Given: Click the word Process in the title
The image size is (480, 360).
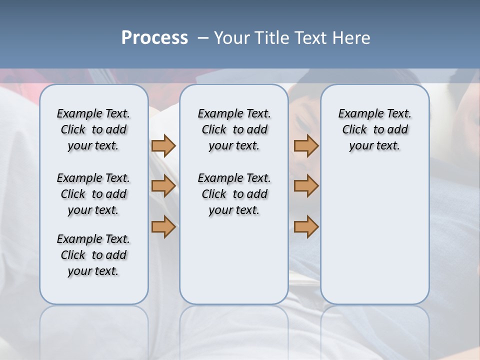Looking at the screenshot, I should pyautogui.click(x=154, y=37).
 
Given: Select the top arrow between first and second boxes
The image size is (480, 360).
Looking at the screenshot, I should pyautogui.click(x=163, y=145).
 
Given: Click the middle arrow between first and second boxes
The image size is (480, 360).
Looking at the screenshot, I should pyautogui.click(x=163, y=186).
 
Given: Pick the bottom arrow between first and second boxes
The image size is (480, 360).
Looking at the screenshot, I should pyautogui.click(x=163, y=226).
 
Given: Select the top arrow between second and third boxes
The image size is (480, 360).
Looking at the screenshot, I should pyautogui.click(x=306, y=145).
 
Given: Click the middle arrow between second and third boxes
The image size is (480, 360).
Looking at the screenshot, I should pyautogui.click(x=306, y=186).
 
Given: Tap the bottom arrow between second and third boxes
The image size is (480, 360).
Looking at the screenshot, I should pyautogui.click(x=306, y=226).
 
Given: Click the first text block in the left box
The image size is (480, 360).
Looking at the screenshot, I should pyautogui.click(x=93, y=129).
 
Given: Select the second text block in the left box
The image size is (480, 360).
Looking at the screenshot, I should pyautogui.click(x=93, y=194).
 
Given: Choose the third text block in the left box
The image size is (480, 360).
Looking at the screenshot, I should pyautogui.click(x=93, y=255).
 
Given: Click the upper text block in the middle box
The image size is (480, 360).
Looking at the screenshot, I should pyautogui.click(x=234, y=129).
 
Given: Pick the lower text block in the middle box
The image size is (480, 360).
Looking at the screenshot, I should pyautogui.click(x=234, y=194).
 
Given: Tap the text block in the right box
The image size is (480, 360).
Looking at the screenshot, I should pyautogui.click(x=374, y=129).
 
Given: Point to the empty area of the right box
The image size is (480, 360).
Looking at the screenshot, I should pyautogui.click(x=374, y=230).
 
